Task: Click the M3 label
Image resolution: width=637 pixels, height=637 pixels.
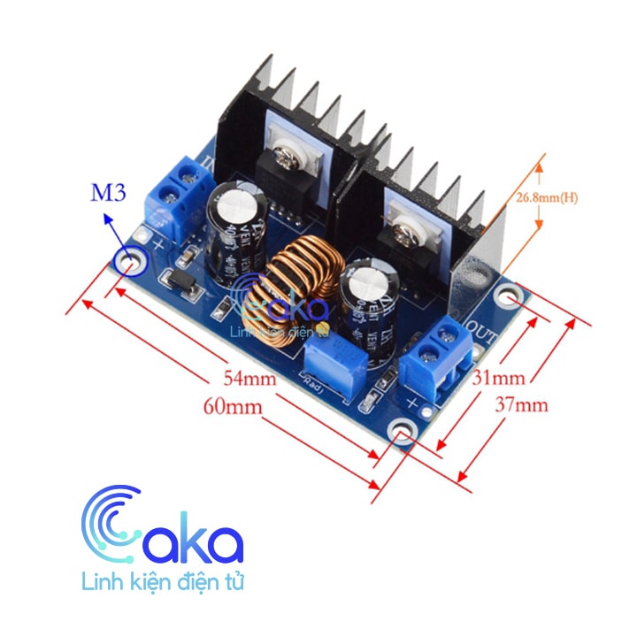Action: (109, 193)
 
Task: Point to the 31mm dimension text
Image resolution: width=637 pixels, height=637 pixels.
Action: (498, 378)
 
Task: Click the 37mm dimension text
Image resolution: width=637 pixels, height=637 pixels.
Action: (521, 405)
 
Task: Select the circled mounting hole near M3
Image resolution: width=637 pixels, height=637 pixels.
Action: (131, 261)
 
